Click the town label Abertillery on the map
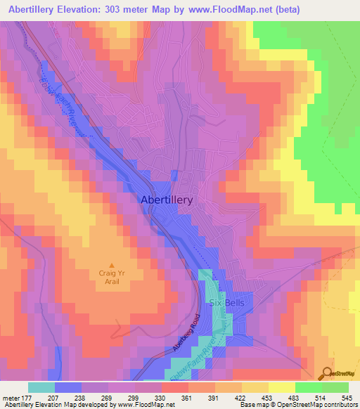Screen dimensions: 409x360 click(x=167, y=200)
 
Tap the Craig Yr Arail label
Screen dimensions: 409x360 click(x=108, y=277)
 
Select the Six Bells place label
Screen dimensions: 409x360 click(x=226, y=303)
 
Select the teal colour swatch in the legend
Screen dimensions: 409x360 click(x=41, y=387)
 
